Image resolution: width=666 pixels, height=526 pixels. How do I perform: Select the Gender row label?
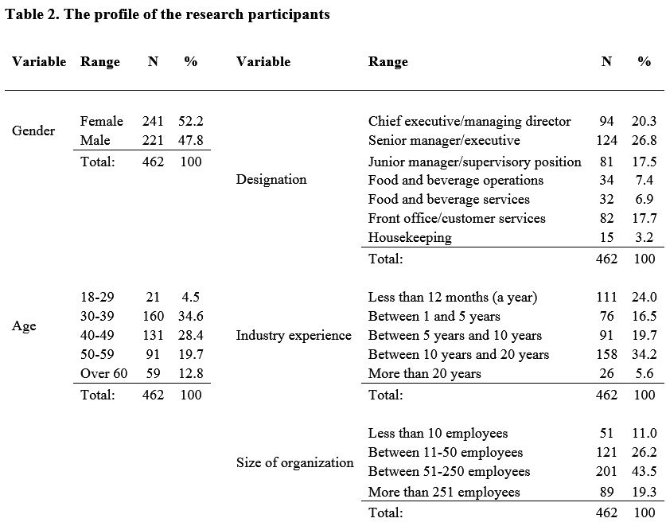[33, 131]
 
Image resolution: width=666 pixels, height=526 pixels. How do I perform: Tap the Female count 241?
[153, 121]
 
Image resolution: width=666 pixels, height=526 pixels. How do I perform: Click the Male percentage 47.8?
[191, 140]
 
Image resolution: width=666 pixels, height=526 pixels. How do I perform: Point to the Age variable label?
[24, 326]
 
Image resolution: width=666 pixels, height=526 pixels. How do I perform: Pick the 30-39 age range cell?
[97, 316]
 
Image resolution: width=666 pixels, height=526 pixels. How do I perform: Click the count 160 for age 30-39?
[153, 316]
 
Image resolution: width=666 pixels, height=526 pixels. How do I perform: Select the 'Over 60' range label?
[103, 373]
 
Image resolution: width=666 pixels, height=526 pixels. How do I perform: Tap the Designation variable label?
[271, 179]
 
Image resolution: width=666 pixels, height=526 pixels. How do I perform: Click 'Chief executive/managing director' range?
[469, 122]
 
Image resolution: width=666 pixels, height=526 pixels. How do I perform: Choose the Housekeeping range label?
[410, 237]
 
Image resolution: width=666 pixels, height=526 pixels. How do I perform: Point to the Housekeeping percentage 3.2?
[644, 237]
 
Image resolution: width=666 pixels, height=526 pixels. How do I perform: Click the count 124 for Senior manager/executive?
[606, 140]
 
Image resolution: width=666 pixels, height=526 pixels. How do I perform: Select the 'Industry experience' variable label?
[294, 336]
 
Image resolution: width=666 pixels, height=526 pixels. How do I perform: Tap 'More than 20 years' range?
[424, 373]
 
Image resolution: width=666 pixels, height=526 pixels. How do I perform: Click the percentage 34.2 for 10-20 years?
[644, 354]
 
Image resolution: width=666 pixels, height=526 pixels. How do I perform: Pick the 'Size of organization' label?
[294, 462]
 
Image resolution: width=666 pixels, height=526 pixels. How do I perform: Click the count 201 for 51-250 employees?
[606, 471]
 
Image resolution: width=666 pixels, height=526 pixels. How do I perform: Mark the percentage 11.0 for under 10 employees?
[644, 433]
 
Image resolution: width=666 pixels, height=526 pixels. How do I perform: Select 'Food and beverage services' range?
[449, 199]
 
